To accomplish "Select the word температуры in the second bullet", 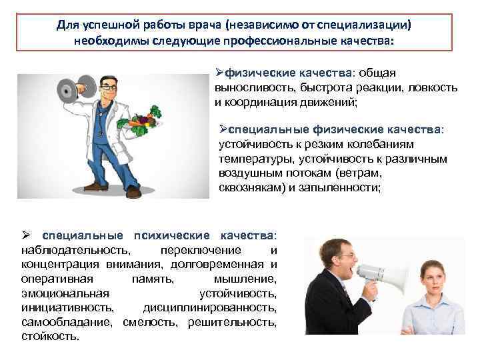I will (254, 159).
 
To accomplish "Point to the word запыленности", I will (343, 188).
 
